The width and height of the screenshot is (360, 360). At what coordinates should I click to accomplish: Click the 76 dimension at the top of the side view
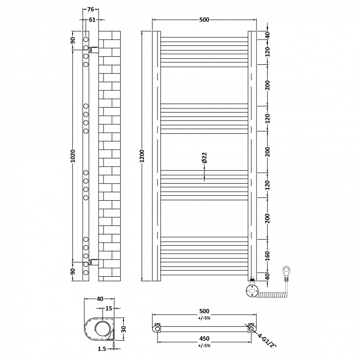tap(90, 9)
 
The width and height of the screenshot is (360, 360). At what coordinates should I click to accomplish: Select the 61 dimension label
tap(92, 19)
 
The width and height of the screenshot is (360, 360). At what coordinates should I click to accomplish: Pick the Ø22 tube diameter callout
tap(204, 157)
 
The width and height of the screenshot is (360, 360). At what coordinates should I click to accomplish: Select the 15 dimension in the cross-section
tap(108, 308)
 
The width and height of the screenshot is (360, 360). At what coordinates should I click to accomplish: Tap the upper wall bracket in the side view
tap(94, 49)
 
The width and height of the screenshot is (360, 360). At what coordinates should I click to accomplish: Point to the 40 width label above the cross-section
tap(100, 298)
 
